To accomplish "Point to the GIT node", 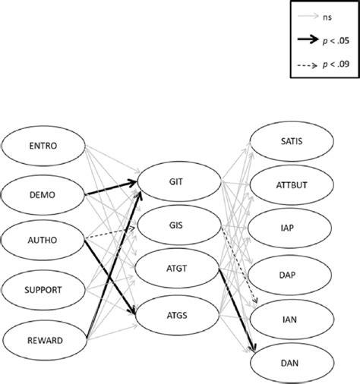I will [x=175, y=182].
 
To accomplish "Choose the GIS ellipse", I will [x=175, y=225].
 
